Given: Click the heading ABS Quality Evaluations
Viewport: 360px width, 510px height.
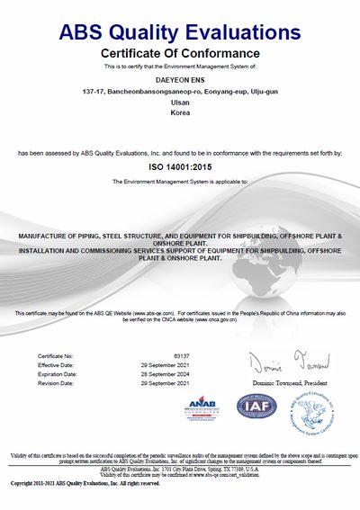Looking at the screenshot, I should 180,33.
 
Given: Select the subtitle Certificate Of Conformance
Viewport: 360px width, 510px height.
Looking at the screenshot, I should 180,54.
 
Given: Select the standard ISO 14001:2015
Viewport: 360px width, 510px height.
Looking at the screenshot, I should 180,167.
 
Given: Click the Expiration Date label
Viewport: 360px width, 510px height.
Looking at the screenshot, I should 61,374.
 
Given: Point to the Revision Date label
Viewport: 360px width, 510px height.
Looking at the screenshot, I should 59,383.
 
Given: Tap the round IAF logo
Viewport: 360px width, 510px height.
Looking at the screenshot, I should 256,407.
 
